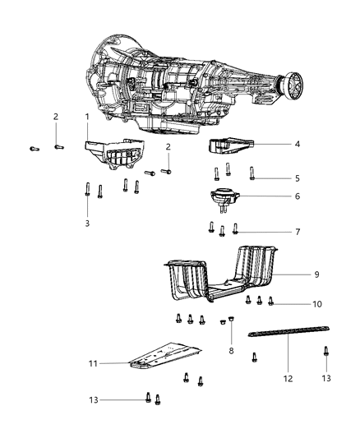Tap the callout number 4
[298, 144]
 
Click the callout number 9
[316, 274]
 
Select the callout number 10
[316, 304]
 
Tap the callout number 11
[116, 362]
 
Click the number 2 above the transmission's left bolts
[55, 116]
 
